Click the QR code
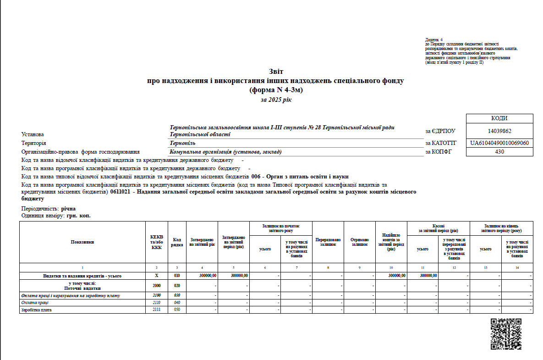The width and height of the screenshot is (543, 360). pos(506,334)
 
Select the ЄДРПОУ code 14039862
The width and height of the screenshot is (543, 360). pos(499,131)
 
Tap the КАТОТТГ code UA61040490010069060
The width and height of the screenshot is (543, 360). pos(499,143)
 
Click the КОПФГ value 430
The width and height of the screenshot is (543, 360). pos(499,152)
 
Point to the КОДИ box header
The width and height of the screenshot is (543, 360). pos(499,118)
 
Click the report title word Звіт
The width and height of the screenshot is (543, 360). pos(276,72)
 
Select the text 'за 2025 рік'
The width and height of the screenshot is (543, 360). pos(276,100)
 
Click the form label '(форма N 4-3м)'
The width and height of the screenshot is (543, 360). pos(276,90)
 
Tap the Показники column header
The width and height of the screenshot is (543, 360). pos(82,242)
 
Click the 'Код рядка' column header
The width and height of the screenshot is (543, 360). pos(177,242)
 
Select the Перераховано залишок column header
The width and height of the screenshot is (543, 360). pos(328,242)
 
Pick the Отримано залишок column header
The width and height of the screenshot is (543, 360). pos(360,242)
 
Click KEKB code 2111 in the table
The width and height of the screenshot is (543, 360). pos(157,310)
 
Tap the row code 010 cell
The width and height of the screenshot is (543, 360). pos(177,276)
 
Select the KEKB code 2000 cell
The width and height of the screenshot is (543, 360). pos(157,285)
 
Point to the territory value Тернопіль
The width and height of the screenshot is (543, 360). pos(182,143)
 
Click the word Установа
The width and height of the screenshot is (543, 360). pos(33,134)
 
